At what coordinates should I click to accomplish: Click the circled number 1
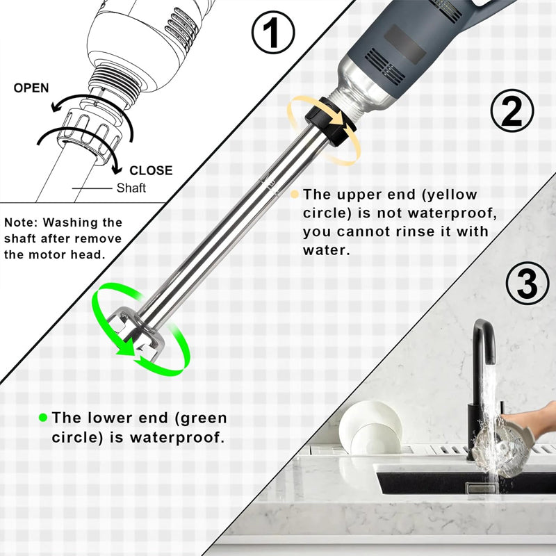click(x=273, y=33)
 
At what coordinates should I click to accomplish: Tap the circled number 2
click(x=512, y=111)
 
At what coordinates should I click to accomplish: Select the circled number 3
click(x=527, y=284)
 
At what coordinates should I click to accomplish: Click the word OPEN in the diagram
click(x=31, y=88)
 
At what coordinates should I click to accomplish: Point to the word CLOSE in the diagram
click(x=151, y=170)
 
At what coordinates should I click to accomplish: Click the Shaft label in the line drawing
click(x=131, y=188)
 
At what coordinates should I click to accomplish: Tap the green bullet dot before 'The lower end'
click(x=43, y=418)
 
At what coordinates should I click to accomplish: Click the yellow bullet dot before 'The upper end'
click(x=295, y=195)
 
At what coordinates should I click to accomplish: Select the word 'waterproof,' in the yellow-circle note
click(x=452, y=213)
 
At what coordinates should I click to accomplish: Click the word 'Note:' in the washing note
click(x=21, y=222)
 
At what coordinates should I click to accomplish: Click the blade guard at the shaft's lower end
click(x=138, y=333)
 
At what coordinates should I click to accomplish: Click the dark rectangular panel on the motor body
click(x=406, y=44)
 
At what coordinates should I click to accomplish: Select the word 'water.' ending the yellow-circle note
click(x=327, y=251)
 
